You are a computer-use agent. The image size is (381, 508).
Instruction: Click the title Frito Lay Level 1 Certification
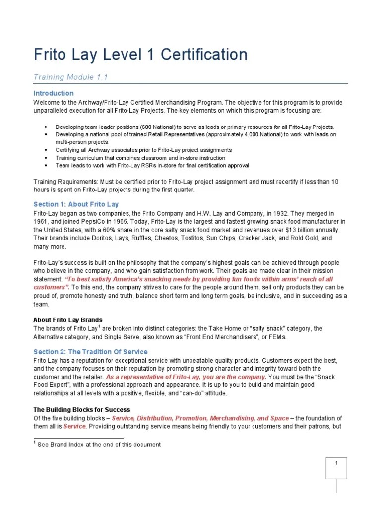pyautogui.click(x=140, y=54)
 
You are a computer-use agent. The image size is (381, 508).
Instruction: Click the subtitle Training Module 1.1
pyautogui.click(x=70, y=77)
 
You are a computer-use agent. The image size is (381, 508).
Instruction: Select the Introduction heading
pyautogui.click(x=54, y=93)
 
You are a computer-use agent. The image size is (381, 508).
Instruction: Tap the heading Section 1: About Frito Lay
pyautogui.click(x=76, y=204)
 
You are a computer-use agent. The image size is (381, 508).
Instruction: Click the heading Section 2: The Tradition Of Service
pyautogui.click(x=90, y=352)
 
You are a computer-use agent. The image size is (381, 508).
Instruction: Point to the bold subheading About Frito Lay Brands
pyautogui.click(x=68, y=319)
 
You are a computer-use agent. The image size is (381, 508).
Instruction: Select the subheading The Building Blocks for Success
pyautogui.click(x=82, y=410)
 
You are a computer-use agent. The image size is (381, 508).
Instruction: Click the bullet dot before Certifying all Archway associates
pyautogui.click(x=46, y=150)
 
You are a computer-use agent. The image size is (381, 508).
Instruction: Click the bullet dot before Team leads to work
pyautogui.click(x=46, y=165)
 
